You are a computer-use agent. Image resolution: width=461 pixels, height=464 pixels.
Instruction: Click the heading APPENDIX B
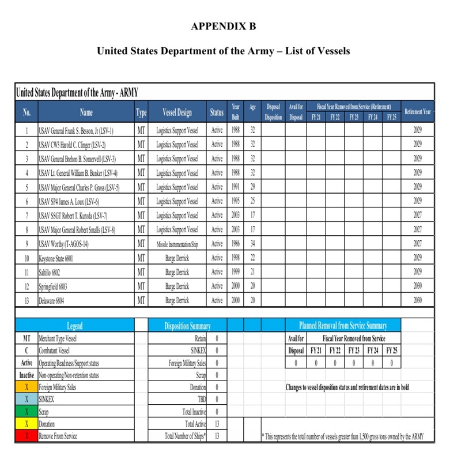point(223,27)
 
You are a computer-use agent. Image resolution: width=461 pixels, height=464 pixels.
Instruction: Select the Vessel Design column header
point(177,112)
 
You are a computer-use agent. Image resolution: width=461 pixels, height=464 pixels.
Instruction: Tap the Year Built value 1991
point(235,187)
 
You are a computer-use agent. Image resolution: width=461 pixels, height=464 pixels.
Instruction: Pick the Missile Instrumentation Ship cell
point(177,244)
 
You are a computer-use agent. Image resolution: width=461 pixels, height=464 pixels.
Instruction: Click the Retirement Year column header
point(418,112)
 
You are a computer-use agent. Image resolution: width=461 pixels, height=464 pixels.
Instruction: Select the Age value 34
point(252,244)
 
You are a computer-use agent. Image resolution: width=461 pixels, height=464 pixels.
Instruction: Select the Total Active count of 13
point(217,424)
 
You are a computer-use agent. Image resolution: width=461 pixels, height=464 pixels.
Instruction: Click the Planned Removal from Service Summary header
point(342,326)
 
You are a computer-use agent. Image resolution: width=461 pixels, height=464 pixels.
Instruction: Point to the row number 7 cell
point(27,216)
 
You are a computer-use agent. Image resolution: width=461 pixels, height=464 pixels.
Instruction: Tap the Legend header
point(74,326)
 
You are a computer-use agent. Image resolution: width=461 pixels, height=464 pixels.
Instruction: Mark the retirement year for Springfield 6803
point(418,286)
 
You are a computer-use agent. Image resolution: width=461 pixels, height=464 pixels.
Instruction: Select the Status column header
point(217,112)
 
